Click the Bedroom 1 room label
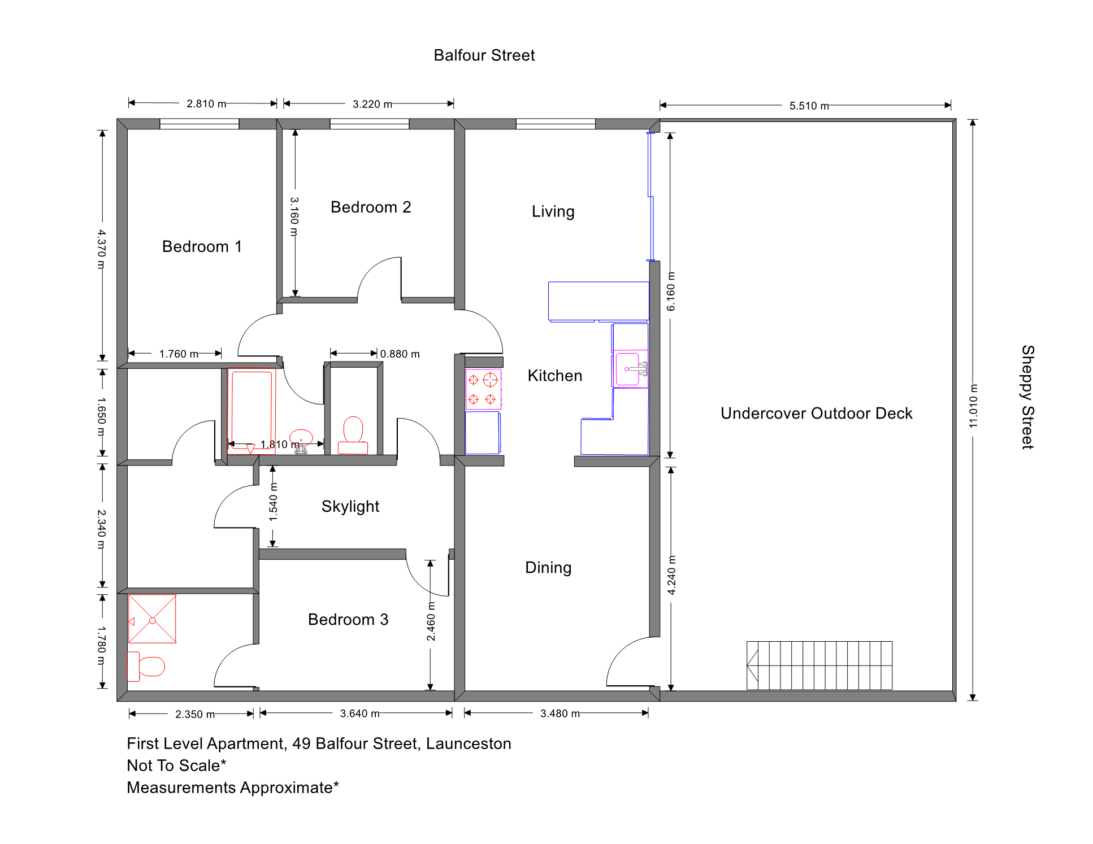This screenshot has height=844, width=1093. coord(202,246)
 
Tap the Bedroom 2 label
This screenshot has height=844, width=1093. coord(371,207)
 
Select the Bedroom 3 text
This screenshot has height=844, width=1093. coord(348,620)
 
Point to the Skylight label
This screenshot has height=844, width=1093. coord(350,507)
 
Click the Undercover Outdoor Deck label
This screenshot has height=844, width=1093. coord(817,414)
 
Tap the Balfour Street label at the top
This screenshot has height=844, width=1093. coord(484,55)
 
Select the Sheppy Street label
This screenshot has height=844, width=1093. coord(1028,397)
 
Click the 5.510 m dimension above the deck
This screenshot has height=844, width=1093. coord(809,106)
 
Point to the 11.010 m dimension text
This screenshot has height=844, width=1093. coord(973,406)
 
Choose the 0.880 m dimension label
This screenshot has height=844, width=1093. coord(400,354)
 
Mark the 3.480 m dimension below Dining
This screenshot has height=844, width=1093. coord(560,714)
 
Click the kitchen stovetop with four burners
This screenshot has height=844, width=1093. coord(483,389)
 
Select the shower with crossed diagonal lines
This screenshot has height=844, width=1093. coord(152,619)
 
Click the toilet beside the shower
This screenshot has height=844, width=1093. coord(146,667)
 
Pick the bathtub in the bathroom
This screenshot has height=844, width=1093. coord(251,411)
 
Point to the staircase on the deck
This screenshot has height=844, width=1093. coord(819,665)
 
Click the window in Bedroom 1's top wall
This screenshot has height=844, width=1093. coord(199,124)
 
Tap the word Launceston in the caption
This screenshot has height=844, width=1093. coord(469,744)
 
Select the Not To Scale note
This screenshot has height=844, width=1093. coord(176,765)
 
